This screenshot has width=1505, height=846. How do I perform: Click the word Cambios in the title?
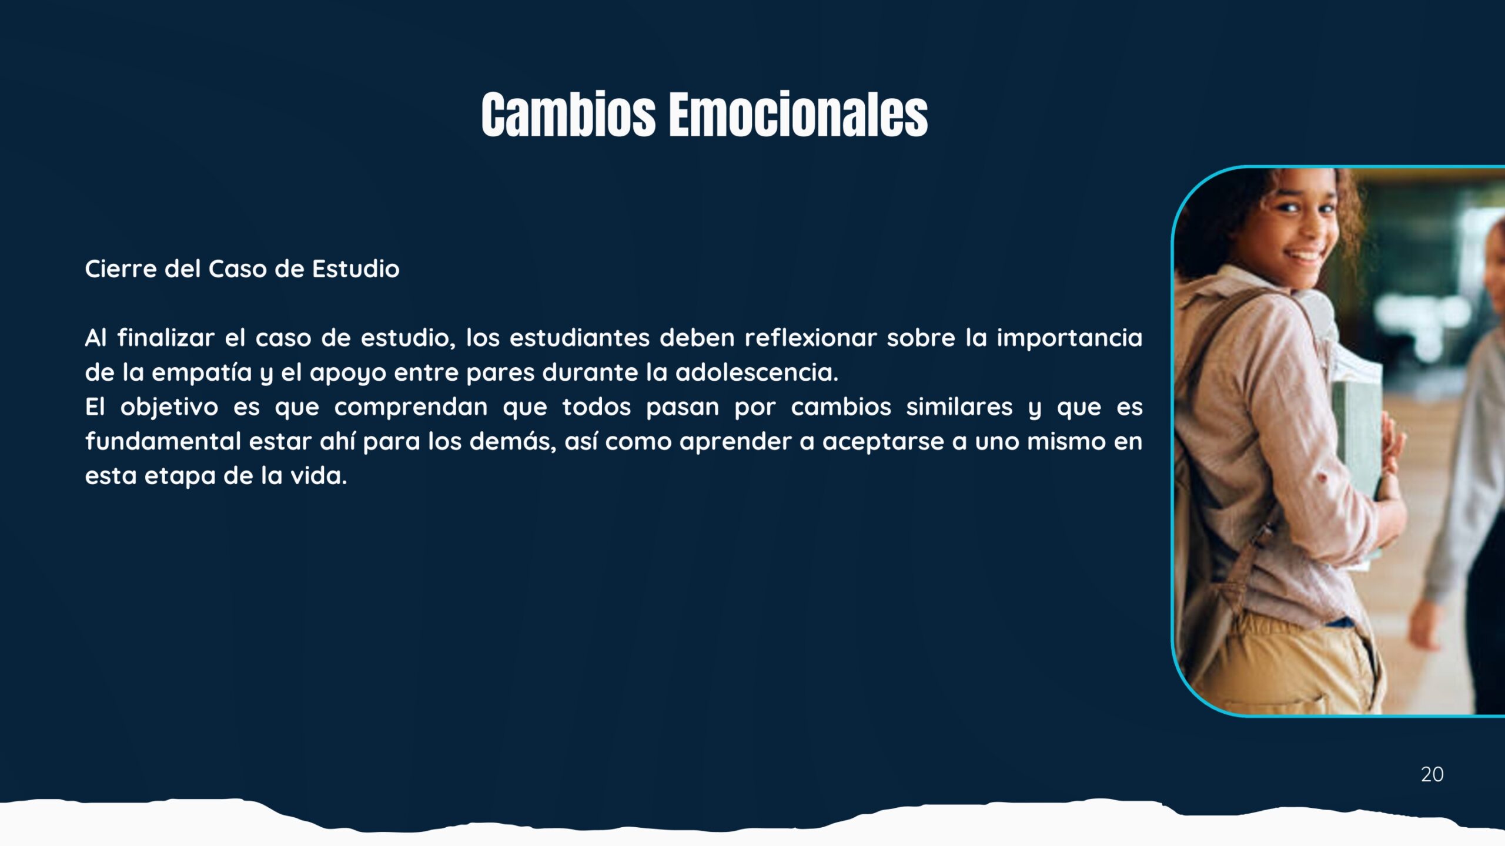pos(568,115)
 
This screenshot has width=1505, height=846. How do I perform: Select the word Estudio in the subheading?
pos(356,269)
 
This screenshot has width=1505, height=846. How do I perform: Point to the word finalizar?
pos(166,338)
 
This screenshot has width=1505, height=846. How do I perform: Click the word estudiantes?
pos(579,338)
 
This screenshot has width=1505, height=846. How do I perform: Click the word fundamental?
pos(163,441)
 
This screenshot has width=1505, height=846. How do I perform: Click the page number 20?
pos(1432,774)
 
